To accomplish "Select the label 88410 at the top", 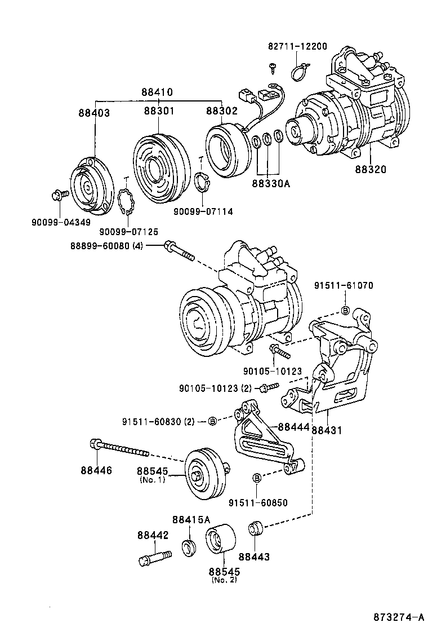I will (157, 92).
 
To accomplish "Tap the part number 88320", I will (371, 169).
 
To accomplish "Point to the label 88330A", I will (271, 183).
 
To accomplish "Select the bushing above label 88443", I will (256, 529).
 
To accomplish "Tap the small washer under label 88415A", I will (188, 547).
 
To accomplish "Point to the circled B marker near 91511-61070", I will (346, 310).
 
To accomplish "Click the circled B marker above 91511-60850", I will (257, 478).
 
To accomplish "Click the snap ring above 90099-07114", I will (203, 183).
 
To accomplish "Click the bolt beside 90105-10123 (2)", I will (269, 387).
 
